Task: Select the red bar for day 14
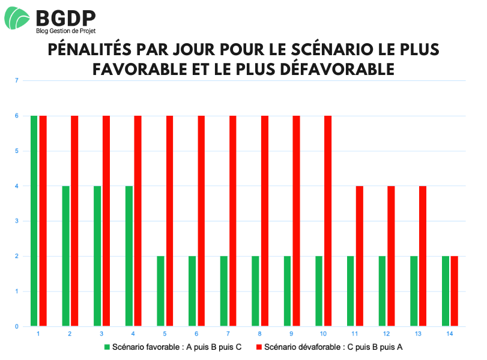coord(455,291)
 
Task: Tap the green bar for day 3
coord(97,256)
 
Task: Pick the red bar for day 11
coord(360,256)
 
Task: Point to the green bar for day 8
coord(255,291)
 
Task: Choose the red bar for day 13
coord(423,256)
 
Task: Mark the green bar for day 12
coord(382,291)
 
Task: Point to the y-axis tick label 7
coord(17,80)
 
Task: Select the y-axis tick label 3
coord(17,221)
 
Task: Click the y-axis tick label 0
coord(17,326)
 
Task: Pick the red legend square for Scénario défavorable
coord(259,347)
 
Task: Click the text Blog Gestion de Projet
coord(65,31)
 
